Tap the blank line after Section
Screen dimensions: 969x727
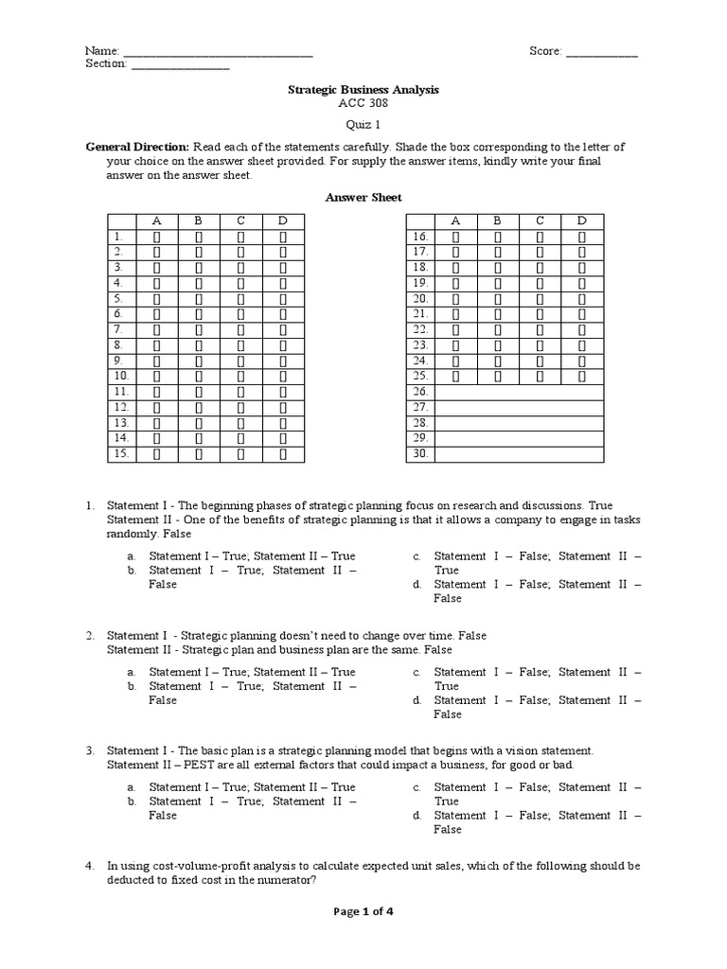coord(179,66)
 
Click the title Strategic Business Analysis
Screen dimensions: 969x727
coord(363,89)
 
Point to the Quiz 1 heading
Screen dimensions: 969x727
coord(363,124)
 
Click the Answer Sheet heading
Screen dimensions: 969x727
coord(363,197)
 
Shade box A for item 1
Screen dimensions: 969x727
coord(157,237)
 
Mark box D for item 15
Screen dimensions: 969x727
coord(282,454)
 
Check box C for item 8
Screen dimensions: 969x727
coord(240,345)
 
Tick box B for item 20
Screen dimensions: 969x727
coord(497,299)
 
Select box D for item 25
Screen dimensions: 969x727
coord(581,377)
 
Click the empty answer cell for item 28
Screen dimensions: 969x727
coord(519,423)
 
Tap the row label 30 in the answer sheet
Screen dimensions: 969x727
coord(420,454)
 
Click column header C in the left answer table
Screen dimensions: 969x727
coord(240,221)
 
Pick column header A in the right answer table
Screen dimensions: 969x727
coord(455,221)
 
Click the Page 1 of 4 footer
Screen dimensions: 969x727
coord(363,912)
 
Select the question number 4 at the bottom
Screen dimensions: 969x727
coord(89,866)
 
